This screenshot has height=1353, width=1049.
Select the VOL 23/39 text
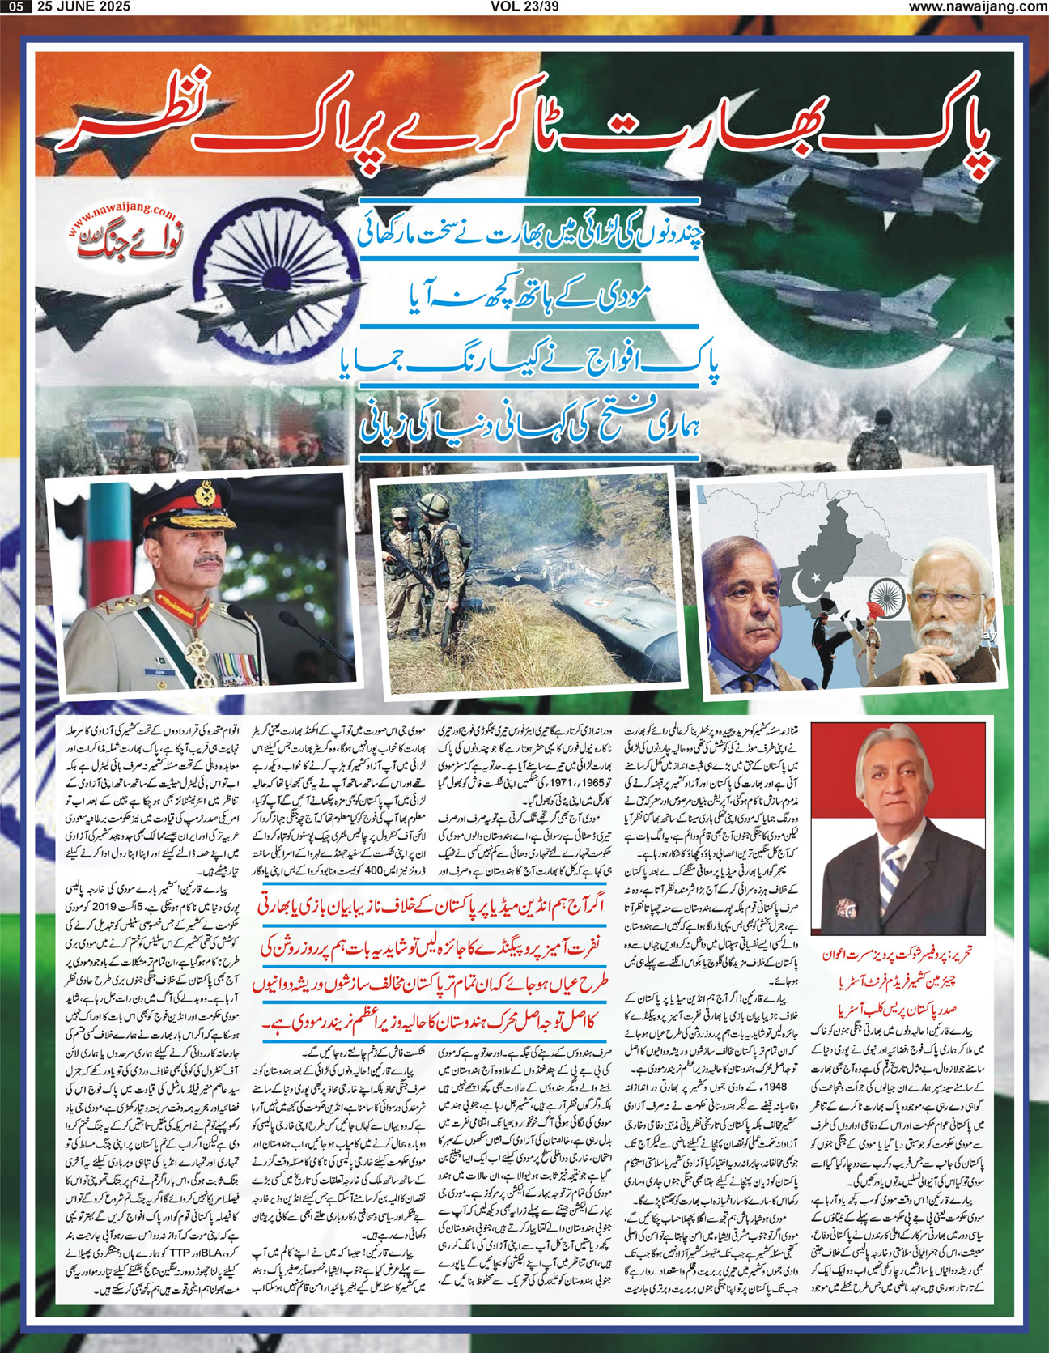[524, 6]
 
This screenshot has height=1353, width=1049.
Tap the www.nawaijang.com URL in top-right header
[977, 6]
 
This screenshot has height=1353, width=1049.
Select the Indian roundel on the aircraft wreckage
[581, 602]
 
